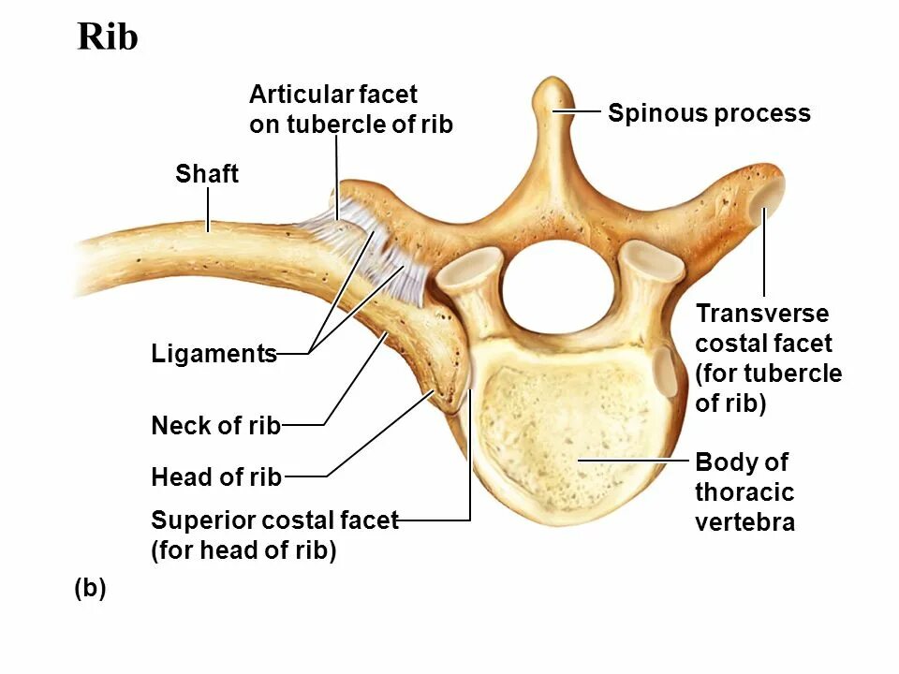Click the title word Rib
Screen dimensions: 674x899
click(108, 37)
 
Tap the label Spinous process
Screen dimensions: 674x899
click(709, 114)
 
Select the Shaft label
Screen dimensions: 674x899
click(207, 174)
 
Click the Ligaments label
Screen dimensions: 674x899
click(214, 354)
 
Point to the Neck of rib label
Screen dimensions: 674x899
click(215, 426)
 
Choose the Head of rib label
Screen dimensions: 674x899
click(216, 477)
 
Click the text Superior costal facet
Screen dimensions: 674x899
click(274, 520)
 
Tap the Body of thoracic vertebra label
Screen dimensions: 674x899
click(744, 492)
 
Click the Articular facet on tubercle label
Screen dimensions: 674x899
click(350, 110)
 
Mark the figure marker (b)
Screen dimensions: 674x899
click(90, 589)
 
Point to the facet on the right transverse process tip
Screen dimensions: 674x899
click(770, 195)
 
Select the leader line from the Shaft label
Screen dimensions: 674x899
click(207, 208)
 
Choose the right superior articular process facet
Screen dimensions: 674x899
click(650, 263)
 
